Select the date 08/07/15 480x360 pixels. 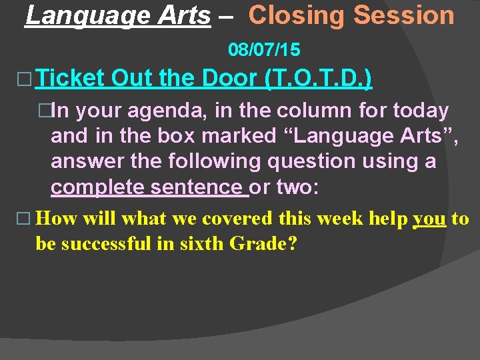[264, 49]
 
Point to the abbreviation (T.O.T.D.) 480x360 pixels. [319, 79]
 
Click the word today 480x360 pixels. [421, 111]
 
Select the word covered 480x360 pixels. [237, 219]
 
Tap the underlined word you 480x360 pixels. [430, 219]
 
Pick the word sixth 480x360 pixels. [199, 243]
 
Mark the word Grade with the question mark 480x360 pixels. [264, 243]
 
